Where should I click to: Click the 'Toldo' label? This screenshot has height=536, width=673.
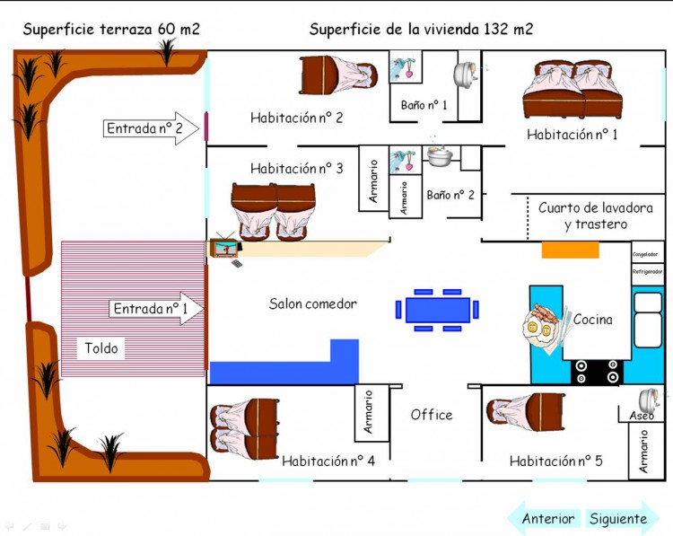[101, 348]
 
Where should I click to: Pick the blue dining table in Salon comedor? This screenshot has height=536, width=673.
[437, 310]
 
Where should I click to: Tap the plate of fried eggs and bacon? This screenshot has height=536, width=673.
[541, 324]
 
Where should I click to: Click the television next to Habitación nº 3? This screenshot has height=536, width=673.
[224, 248]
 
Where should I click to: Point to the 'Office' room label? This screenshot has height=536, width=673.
[432, 415]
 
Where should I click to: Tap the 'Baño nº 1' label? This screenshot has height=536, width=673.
[424, 105]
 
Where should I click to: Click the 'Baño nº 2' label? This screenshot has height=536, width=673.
[450, 194]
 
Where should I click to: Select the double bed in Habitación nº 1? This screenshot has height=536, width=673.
[572, 90]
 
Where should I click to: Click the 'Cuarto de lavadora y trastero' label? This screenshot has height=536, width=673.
[582, 215]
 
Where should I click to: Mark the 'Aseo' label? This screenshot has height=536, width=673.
[642, 416]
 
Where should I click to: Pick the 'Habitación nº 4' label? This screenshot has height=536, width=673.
[328, 461]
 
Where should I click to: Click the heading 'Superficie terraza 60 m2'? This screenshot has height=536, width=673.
[111, 29]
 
